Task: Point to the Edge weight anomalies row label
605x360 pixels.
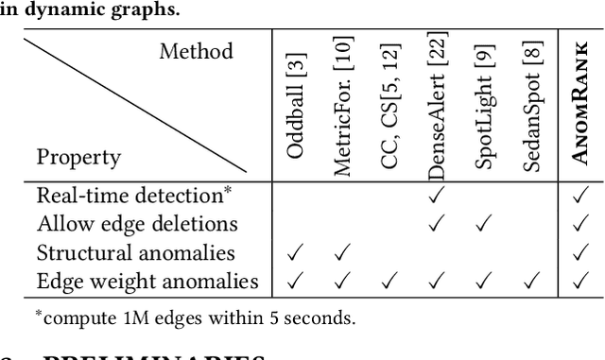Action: (147, 281)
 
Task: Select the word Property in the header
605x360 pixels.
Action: (78, 157)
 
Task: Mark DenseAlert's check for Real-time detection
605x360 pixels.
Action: (436, 196)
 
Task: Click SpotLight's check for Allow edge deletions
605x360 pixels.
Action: (483, 224)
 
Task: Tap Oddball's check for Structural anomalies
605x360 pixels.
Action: (295, 252)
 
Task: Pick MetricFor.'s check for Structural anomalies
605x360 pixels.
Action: (342, 252)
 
